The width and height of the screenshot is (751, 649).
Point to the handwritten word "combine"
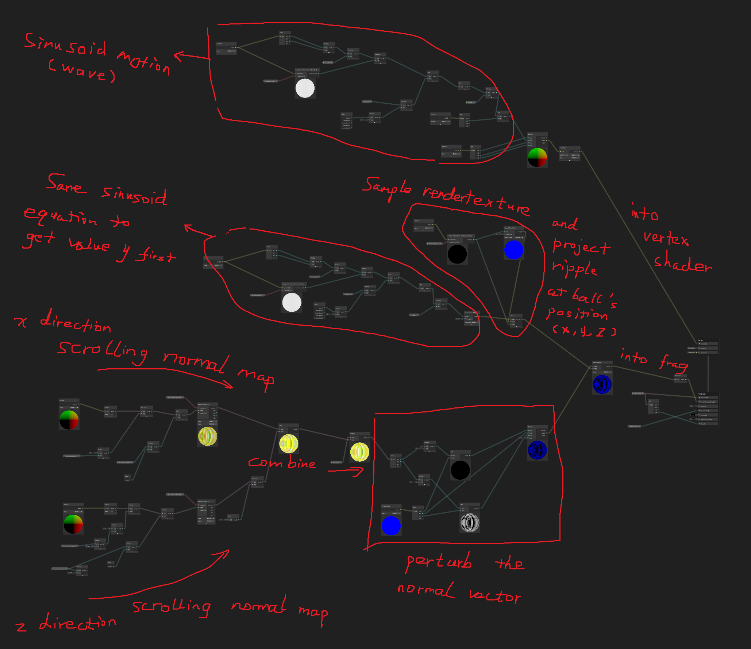coord(281,463)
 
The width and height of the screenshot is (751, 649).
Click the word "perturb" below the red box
coord(439,562)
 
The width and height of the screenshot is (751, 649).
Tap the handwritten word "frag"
coord(673,363)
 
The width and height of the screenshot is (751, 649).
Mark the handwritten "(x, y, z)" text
coord(584,331)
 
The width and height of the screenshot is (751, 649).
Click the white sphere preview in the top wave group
coord(305,88)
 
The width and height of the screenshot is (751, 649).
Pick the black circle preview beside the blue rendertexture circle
coord(457,254)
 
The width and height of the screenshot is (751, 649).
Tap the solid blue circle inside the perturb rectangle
coord(391,526)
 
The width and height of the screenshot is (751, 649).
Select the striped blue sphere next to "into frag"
coord(602,384)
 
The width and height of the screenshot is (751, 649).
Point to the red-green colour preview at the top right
coord(537,157)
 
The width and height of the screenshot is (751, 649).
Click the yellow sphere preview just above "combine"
coord(288,443)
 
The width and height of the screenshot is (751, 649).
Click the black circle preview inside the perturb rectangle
coord(460,470)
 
